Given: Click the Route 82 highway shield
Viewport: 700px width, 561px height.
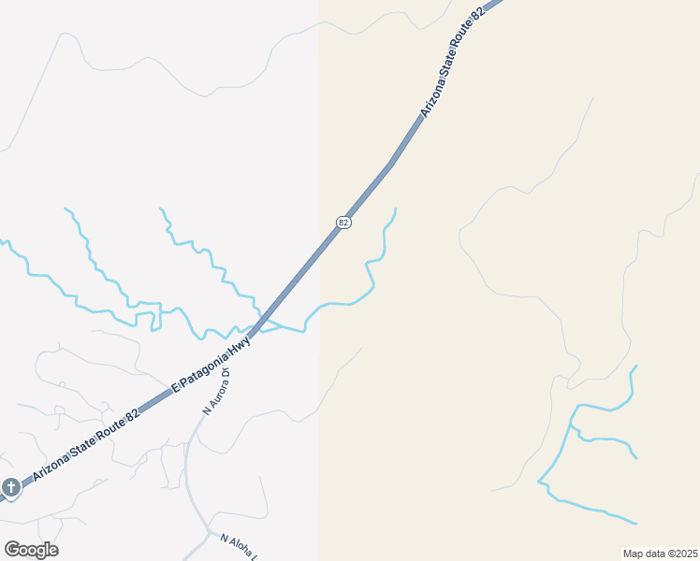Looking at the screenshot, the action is click(x=343, y=222).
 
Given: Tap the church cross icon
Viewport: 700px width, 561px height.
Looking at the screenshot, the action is click(x=10, y=487).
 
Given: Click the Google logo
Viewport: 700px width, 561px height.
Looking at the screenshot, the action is click(x=31, y=550).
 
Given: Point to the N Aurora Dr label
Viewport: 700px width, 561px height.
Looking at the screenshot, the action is click(x=216, y=393).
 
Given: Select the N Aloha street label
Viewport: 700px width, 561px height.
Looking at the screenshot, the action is click(x=238, y=547).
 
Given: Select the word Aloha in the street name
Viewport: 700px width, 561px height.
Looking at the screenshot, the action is click(x=241, y=548).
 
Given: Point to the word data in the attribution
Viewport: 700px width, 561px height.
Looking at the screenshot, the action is click(x=656, y=554).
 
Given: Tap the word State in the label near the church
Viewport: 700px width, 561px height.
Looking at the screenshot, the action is click(x=79, y=450).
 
